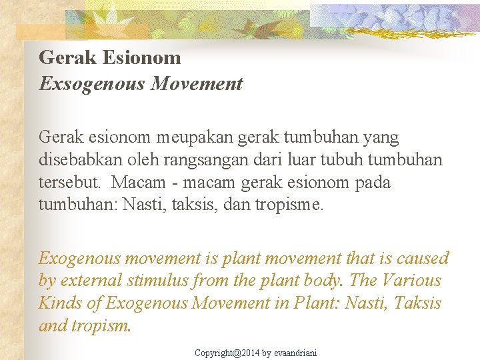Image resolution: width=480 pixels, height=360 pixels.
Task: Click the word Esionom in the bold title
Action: [141, 57]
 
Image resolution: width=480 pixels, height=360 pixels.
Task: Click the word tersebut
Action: [69, 182]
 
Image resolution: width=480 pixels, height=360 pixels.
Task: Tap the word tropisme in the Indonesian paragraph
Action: [289, 204]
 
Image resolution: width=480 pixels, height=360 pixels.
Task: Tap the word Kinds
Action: [61, 303]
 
